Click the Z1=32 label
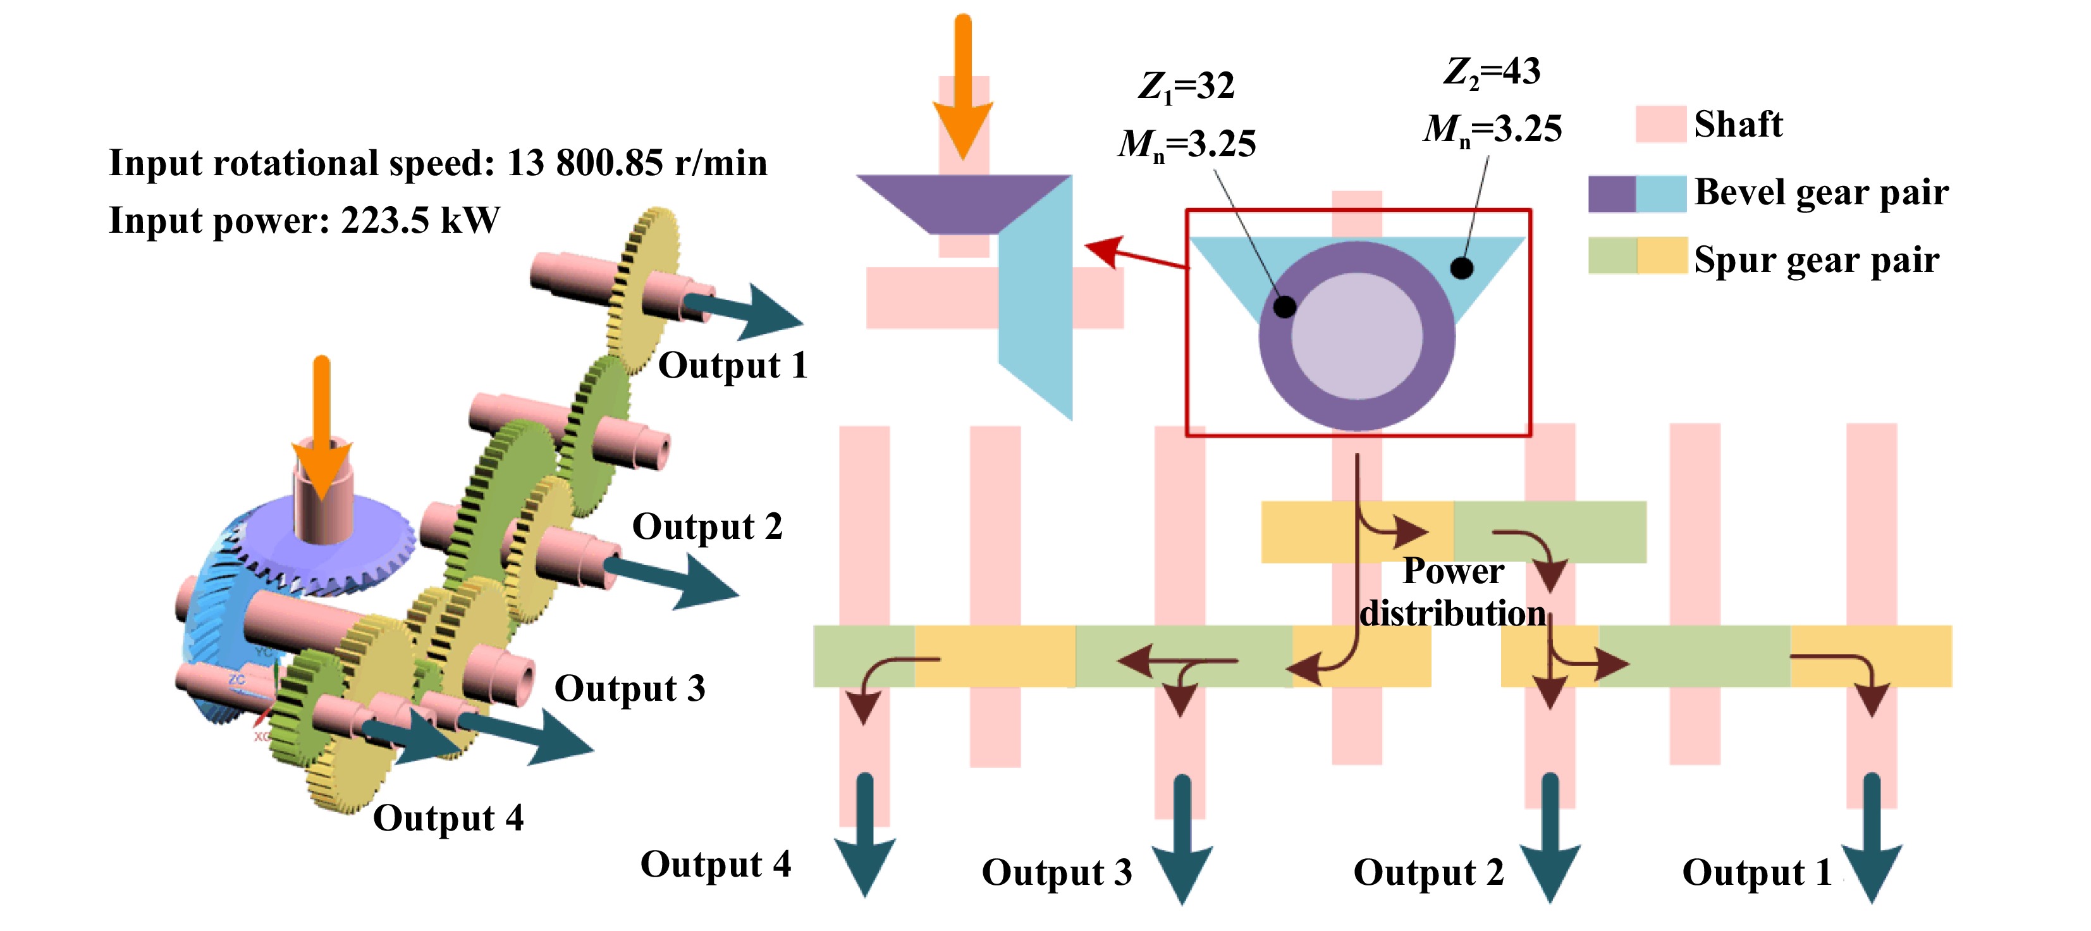[x=1186, y=86]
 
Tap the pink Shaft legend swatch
[x=1660, y=124]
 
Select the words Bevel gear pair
[x=1821, y=193]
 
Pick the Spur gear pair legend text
[x=1816, y=261]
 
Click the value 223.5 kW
[x=420, y=221]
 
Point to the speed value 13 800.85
[x=584, y=163]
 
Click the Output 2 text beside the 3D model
[x=707, y=527]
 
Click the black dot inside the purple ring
[x=1284, y=307]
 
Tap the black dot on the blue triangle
[x=1461, y=268]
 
